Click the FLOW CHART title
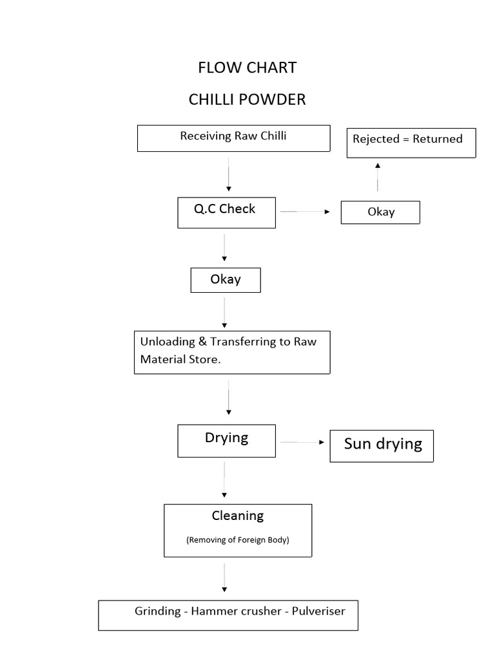click(247, 68)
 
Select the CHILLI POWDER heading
click(247, 100)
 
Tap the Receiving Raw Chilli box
click(233, 138)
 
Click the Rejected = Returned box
click(411, 142)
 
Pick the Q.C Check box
click(226, 212)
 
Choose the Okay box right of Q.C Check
click(380, 212)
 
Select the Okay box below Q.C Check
click(226, 280)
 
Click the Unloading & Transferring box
click(232, 352)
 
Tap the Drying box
click(226, 440)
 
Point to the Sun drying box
click(382, 446)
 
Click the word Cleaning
click(238, 515)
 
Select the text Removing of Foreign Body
click(238, 540)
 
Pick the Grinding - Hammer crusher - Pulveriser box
click(228, 615)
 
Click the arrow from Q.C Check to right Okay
click(305, 211)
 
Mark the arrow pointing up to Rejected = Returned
click(378, 176)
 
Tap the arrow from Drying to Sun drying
click(302, 442)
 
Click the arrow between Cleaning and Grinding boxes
click(224, 577)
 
